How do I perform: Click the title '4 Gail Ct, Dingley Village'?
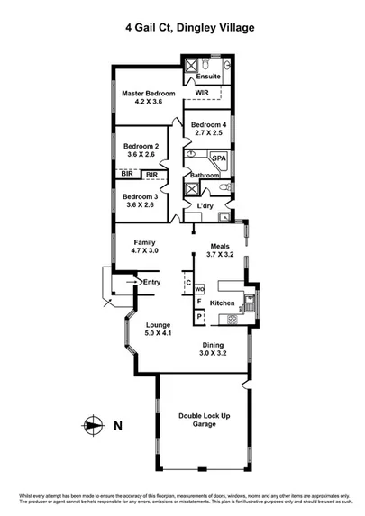coord(189,28)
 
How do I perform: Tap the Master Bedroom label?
coord(148,93)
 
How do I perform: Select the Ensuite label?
coord(208,77)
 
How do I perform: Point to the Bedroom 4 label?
coord(209,124)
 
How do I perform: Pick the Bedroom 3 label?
coord(141,196)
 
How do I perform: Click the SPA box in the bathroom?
coord(219,158)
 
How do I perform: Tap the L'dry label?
coord(205,207)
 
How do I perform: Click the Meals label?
coord(221,245)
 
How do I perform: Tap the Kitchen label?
coord(223,303)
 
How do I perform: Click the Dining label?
coord(214,344)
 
